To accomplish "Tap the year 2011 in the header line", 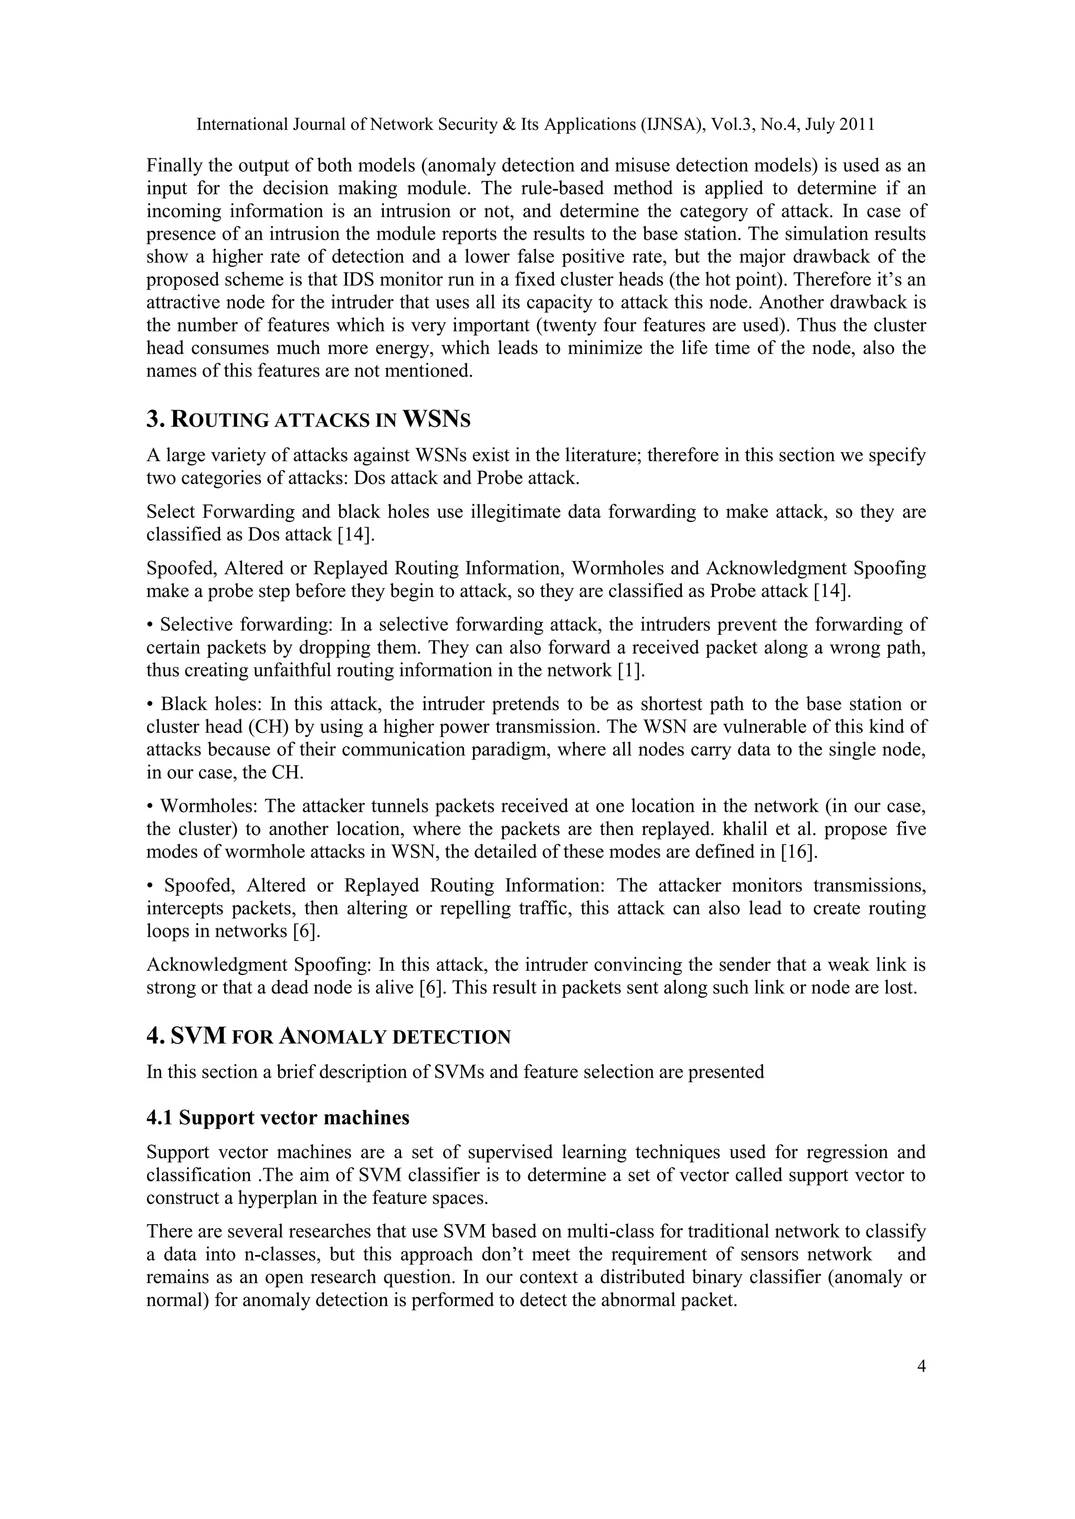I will click(857, 124).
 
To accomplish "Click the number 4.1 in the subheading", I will click(160, 1117).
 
